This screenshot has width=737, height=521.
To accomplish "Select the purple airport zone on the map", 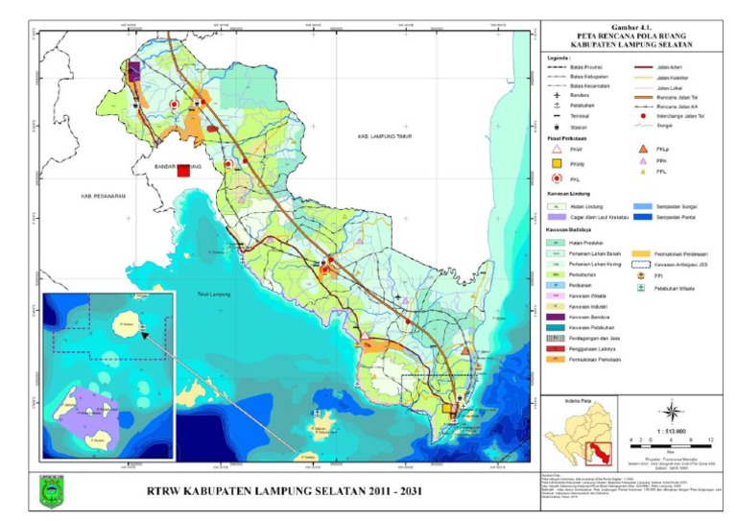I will click(x=133, y=70).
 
